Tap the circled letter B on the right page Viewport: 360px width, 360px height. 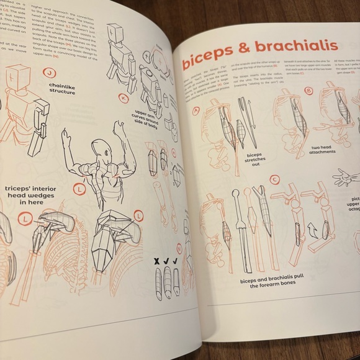(308, 92)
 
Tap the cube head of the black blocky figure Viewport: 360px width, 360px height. (117, 34)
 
